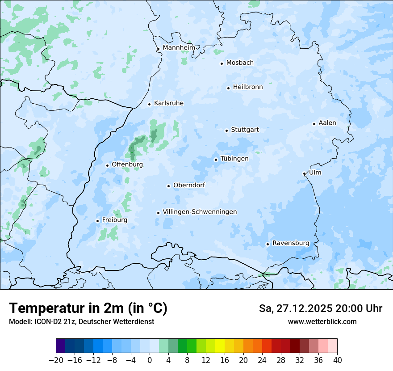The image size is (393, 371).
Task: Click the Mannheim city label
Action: [x=179, y=48]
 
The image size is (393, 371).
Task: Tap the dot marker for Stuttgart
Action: [x=226, y=131]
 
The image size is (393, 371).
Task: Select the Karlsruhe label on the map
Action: [x=169, y=103]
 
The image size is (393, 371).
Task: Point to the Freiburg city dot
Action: [x=97, y=221]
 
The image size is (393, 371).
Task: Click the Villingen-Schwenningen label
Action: [x=200, y=212]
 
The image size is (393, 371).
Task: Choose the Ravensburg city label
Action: [x=291, y=243]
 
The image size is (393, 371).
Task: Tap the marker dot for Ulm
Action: [x=304, y=173]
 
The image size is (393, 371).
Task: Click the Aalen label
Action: [x=327, y=123]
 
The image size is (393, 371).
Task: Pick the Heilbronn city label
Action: [x=248, y=87]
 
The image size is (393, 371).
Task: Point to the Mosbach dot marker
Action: [x=222, y=63]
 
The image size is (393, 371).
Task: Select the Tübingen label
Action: [x=234, y=159]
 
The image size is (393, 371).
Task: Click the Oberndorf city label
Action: [x=189, y=185]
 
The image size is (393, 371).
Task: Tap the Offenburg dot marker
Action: [x=107, y=165]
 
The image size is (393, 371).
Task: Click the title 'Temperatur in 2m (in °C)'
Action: [x=88, y=308]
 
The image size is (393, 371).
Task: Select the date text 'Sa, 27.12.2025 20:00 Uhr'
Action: [x=321, y=308]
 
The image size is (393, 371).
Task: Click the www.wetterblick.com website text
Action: [x=322, y=321]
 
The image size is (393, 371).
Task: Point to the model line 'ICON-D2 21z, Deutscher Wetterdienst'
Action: [x=81, y=321]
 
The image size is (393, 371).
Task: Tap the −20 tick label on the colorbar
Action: [x=56, y=360]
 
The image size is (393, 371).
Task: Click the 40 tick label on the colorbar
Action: [x=337, y=360]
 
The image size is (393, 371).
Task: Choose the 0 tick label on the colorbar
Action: [x=150, y=360]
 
